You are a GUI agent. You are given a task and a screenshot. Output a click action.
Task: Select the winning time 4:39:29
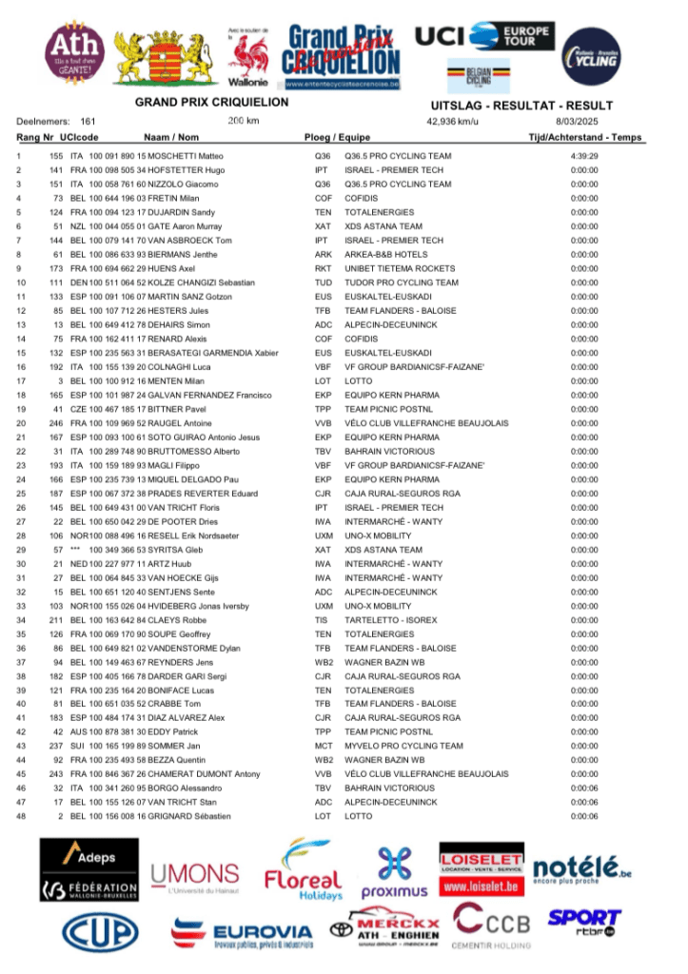(x=583, y=156)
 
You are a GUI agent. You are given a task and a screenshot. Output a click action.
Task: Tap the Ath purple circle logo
(x=76, y=54)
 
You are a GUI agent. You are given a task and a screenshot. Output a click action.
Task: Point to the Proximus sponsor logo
(x=394, y=873)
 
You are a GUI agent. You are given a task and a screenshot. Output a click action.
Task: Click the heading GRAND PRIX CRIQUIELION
(x=211, y=103)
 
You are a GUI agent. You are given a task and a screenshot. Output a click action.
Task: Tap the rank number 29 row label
(x=19, y=550)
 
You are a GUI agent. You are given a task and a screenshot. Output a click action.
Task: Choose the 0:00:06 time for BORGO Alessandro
(x=583, y=789)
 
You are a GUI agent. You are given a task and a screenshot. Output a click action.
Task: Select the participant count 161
(x=88, y=122)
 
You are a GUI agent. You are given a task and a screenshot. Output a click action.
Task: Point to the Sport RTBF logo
(x=583, y=921)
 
